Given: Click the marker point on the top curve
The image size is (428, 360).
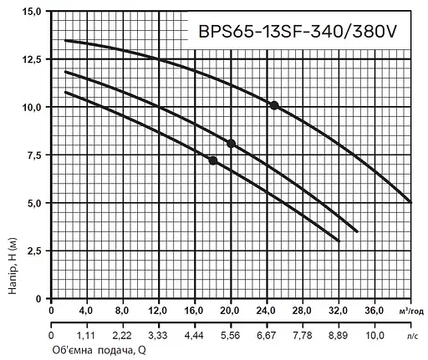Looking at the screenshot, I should pyautogui.click(x=274, y=105).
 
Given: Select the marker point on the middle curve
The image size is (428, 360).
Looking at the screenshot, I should pyautogui.click(x=231, y=143).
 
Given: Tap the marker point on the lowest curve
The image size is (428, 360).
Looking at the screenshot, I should pyautogui.click(x=212, y=160).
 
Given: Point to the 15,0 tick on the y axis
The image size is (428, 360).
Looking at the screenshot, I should pyautogui.click(x=30, y=13).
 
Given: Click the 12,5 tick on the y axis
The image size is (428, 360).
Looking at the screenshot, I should pyautogui.click(x=30, y=59).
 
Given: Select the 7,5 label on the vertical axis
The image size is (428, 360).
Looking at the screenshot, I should pyautogui.click(x=33, y=155).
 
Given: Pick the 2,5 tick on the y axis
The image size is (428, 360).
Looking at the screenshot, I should pyautogui.click(x=33, y=251).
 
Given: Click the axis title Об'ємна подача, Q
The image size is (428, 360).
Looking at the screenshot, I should pyautogui.click(x=98, y=351).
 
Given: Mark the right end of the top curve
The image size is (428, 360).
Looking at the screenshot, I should pyautogui.click(x=411, y=201).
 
